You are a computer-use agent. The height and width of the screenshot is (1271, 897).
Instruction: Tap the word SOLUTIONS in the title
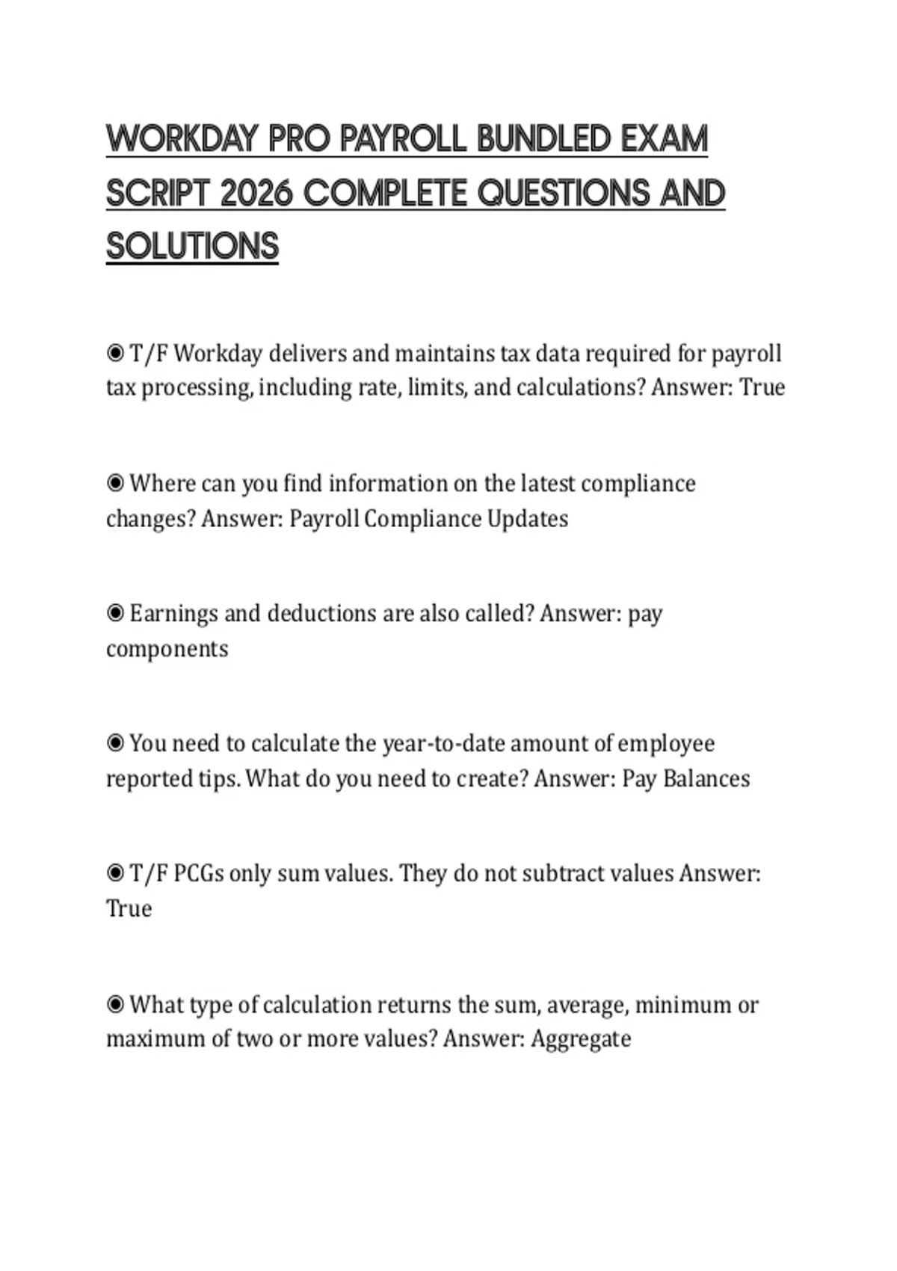click(192, 247)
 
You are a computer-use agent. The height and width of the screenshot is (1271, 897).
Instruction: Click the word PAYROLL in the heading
click(403, 139)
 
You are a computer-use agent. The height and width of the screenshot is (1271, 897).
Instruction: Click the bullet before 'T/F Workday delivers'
click(115, 352)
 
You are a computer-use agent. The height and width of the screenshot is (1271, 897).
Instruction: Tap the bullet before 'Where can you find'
click(115, 483)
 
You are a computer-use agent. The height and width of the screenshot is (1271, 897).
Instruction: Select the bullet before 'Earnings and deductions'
click(115, 613)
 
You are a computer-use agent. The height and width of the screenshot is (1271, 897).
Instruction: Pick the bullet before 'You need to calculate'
click(115, 743)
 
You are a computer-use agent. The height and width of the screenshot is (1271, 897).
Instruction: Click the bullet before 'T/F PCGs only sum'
click(115, 873)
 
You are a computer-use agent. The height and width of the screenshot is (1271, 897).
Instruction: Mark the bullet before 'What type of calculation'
click(115, 1004)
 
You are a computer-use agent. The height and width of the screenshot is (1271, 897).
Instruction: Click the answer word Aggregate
click(581, 1039)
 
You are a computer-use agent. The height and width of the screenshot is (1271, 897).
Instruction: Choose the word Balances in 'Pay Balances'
click(706, 778)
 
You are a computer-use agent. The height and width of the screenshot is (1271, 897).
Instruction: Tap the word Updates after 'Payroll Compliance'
click(528, 518)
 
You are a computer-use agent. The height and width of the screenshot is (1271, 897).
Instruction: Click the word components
click(167, 648)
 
